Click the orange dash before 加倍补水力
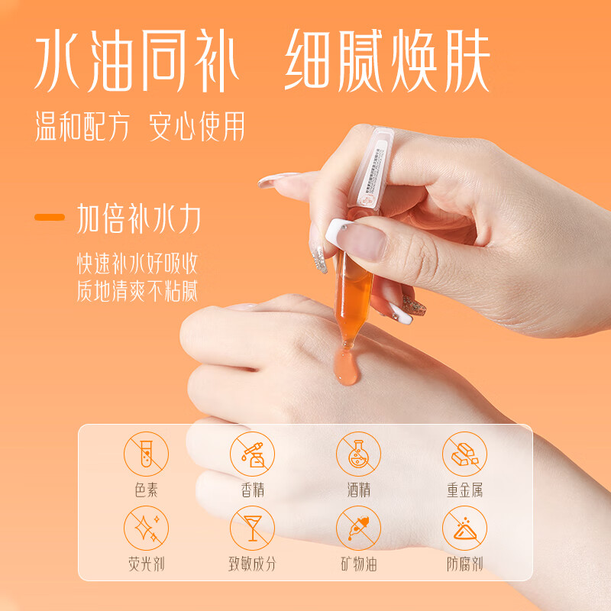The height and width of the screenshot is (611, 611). [x=50, y=218]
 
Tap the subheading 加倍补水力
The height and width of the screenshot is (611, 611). [x=138, y=219]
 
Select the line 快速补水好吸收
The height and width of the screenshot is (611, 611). [x=137, y=263]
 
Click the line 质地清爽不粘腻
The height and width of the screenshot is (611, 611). [x=137, y=291]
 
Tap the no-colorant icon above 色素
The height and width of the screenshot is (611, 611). [x=146, y=454]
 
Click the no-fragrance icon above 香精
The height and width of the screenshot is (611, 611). [x=252, y=454]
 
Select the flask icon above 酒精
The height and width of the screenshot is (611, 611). [x=358, y=454]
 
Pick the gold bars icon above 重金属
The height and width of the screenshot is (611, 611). [x=464, y=454]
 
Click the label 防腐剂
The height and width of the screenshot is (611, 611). [x=464, y=564]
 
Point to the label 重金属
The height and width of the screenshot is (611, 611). [x=464, y=490]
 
